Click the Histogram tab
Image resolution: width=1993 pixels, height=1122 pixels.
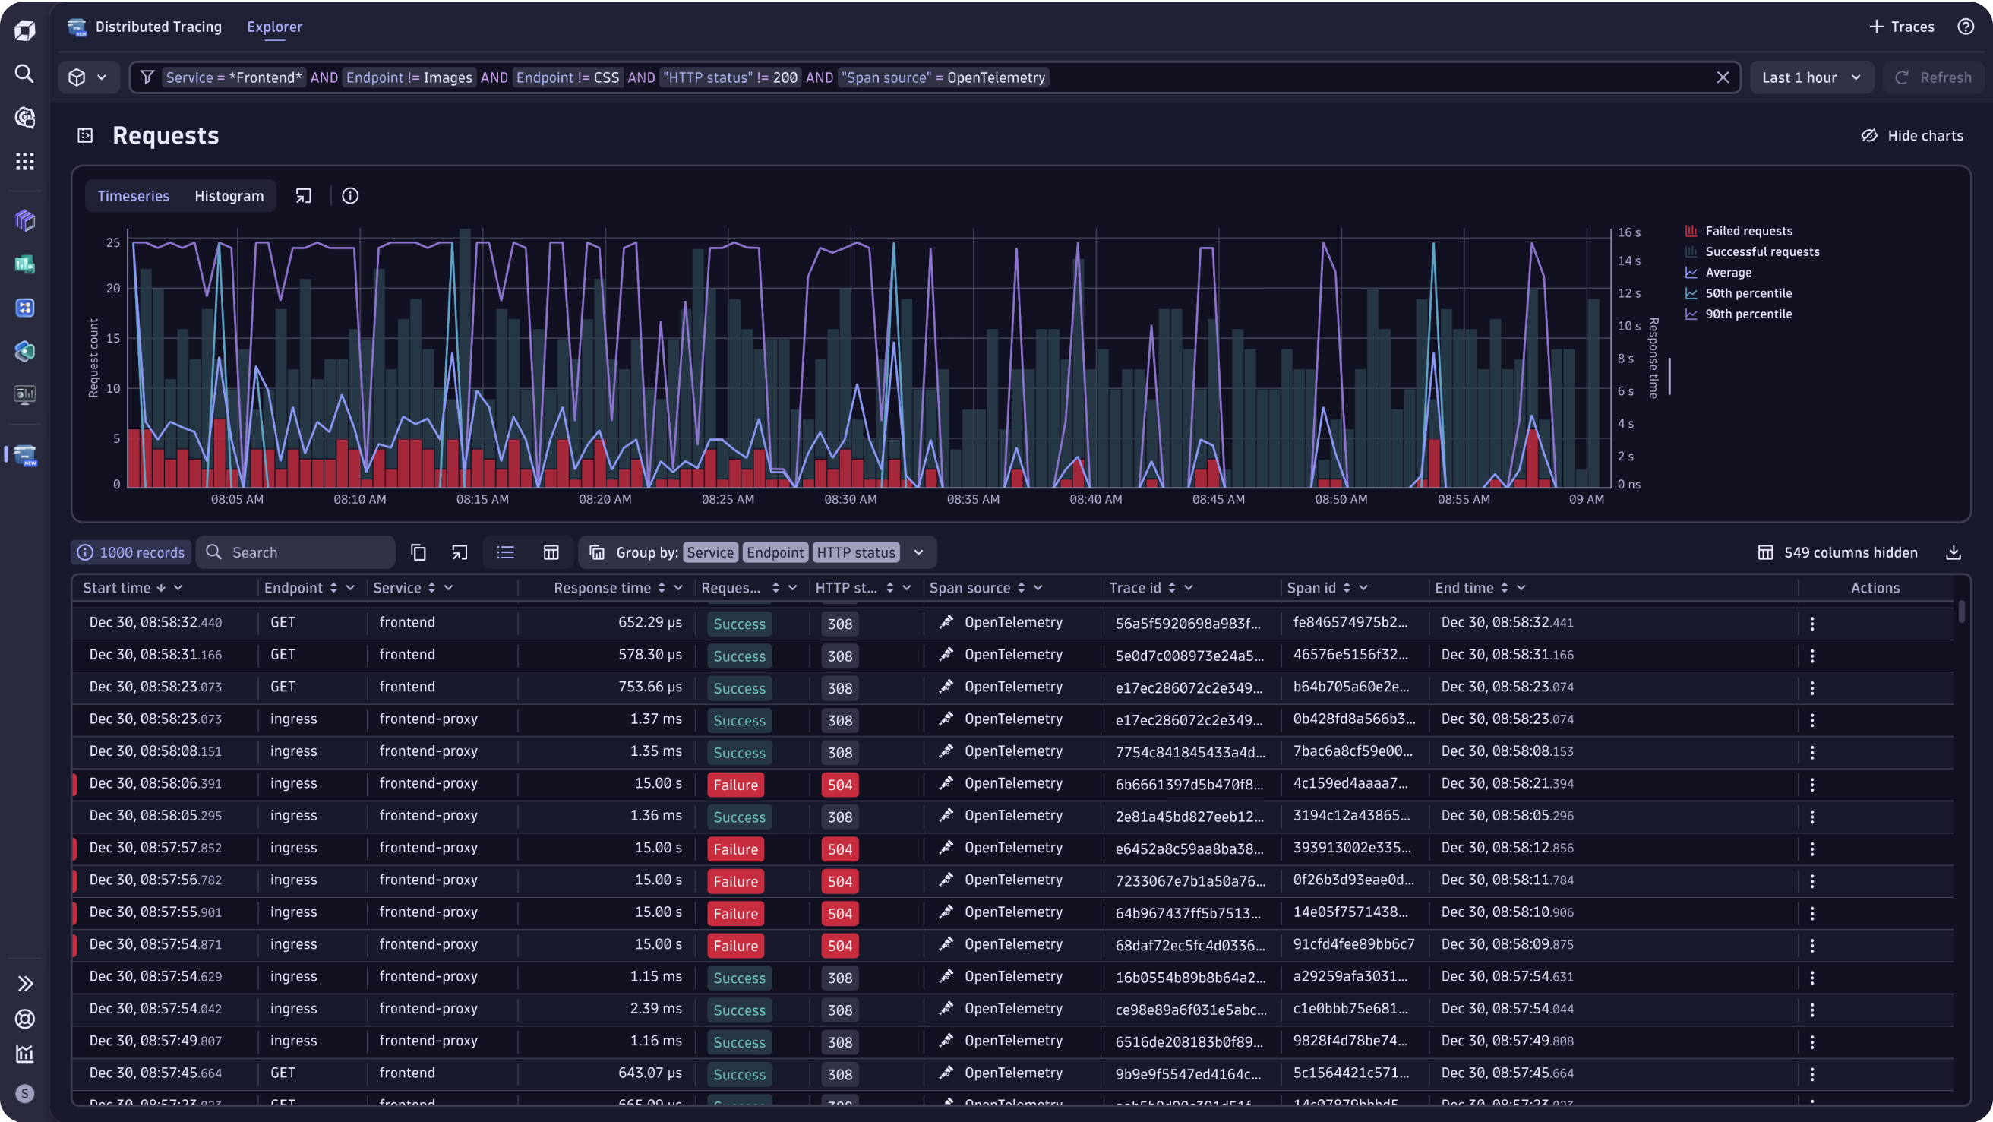pyautogui.click(x=229, y=196)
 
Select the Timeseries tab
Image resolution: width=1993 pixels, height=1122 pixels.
pyautogui.click(x=133, y=196)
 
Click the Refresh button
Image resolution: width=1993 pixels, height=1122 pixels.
pyautogui.click(x=1934, y=77)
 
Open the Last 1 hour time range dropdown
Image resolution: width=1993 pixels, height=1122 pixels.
pyautogui.click(x=1811, y=77)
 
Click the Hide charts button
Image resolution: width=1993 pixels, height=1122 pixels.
pyautogui.click(x=1912, y=135)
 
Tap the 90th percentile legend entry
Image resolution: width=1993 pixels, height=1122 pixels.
pyautogui.click(x=1748, y=314)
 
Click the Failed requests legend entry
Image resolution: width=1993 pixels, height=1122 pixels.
pyautogui.click(x=1748, y=231)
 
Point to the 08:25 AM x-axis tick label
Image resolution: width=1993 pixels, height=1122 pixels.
pyautogui.click(x=728, y=499)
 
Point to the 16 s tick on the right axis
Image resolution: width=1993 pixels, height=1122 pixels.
pyautogui.click(x=1628, y=232)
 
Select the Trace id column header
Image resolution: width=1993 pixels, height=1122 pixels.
pyautogui.click(x=1134, y=588)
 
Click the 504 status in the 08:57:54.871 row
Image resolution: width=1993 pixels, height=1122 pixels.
pyautogui.click(x=839, y=946)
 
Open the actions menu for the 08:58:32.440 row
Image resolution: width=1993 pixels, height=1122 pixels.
pyautogui.click(x=1812, y=624)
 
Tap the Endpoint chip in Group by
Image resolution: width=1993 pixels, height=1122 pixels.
pyautogui.click(x=775, y=552)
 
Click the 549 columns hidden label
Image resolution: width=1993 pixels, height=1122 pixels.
pyautogui.click(x=1850, y=552)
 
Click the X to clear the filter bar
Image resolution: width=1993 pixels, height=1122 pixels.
pyautogui.click(x=1722, y=77)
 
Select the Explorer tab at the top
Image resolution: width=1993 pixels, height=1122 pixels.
pyautogui.click(x=274, y=27)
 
